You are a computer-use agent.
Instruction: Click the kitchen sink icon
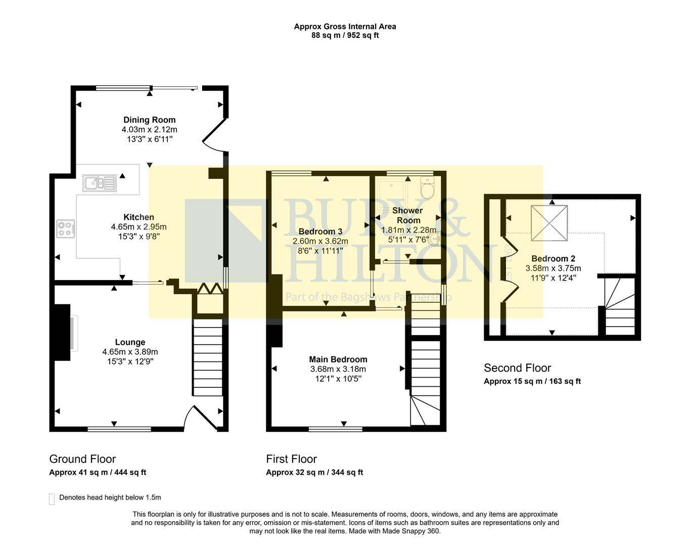click(x=100, y=183)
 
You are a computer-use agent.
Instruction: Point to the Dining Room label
click(x=150, y=120)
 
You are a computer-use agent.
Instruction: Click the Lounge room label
click(x=130, y=342)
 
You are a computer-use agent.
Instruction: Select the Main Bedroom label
click(x=338, y=359)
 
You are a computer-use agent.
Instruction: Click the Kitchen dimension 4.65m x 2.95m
click(x=139, y=227)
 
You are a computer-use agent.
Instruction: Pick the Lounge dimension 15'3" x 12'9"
click(x=130, y=361)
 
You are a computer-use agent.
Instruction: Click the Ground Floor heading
click(x=82, y=459)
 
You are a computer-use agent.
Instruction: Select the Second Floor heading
click(x=517, y=368)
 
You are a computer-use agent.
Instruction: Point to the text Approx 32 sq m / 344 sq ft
click(x=314, y=473)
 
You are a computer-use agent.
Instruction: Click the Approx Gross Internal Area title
click(x=345, y=26)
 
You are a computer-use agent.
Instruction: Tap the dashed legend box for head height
click(x=52, y=499)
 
